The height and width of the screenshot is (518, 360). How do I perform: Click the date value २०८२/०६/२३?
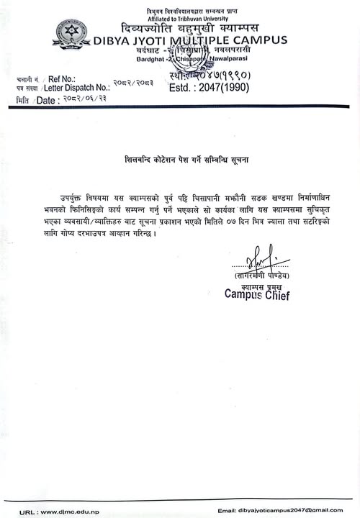tap(85, 99)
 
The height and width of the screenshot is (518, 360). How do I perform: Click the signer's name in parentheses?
tap(261, 276)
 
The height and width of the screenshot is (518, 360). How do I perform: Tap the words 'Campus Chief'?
tap(257, 294)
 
